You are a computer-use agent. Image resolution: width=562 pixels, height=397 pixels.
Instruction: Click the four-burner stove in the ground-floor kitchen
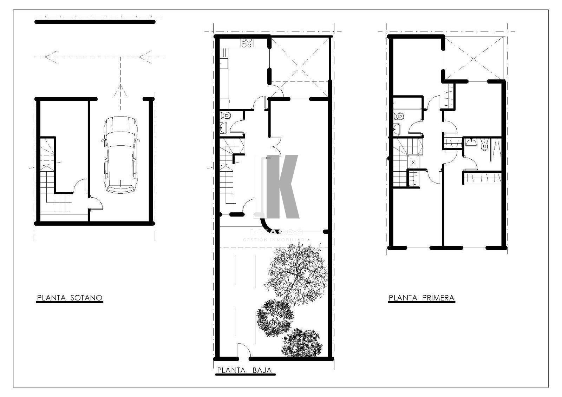pyautogui.click(x=246, y=43)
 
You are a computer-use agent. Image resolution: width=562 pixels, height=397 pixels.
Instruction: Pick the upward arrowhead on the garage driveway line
pyautogui.click(x=120, y=89)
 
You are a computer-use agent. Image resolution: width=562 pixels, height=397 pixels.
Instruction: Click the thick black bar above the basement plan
pyautogui.click(x=95, y=22)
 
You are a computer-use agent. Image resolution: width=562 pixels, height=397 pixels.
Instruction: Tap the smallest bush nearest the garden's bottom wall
pyautogui.click(x=302, y=343)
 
